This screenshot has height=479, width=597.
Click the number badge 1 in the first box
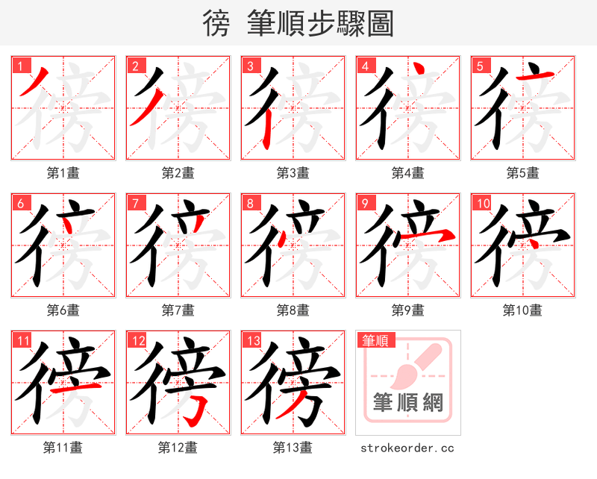[19, 65]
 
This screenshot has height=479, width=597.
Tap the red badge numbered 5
[479, 65]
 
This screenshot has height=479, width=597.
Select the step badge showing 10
[481, 202]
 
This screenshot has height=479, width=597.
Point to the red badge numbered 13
[252, 341]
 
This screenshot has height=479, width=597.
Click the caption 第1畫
[63, 173]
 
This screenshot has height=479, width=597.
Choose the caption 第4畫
[407, 173]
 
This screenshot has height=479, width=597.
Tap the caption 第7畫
[178, 310]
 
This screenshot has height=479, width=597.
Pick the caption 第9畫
[407, 310]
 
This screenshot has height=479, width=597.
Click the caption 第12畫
[178, 448]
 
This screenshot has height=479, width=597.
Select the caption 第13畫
[293, 448]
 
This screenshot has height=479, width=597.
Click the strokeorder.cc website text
[407, 448]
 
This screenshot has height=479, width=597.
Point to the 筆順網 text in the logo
[408, 403]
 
